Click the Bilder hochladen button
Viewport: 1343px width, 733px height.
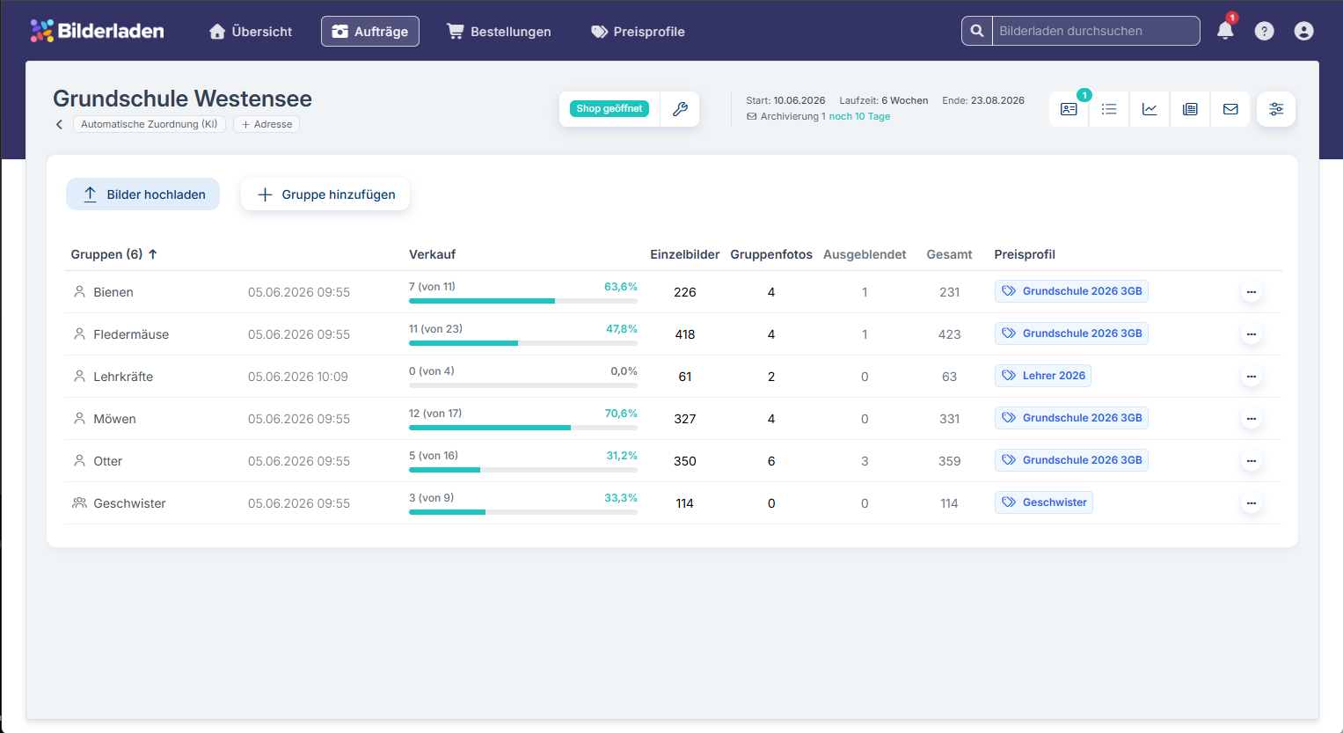click(142, 194)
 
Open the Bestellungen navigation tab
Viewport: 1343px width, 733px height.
click(499, 31)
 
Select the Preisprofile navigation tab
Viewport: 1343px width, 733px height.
click(638, 31)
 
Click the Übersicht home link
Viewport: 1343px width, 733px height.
click(250, 31)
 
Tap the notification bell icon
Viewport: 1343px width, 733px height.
click(1225, 31)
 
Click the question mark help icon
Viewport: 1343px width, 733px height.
click(1264, 31)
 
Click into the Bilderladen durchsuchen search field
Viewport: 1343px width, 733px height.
click(1096, 31)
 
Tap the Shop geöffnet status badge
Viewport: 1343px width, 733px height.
click(609, 108)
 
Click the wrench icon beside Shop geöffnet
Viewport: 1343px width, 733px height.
click(680, 109)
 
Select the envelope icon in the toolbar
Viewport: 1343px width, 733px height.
click(1230, 109)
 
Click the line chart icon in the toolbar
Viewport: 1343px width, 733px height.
click(1150, 109)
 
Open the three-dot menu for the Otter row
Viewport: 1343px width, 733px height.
click(1252, 461)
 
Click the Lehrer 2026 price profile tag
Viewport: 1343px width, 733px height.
click(1042, 376)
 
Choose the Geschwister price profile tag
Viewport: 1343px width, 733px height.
click(1044, 502)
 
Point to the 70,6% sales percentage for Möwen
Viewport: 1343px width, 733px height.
click(621, 414)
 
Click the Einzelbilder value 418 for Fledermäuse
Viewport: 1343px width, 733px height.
click(684, 334)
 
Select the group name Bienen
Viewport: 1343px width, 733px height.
click(113, 292)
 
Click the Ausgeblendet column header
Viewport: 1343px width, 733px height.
click(865, 254)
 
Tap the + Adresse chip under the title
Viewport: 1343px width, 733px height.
click(266, 124)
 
